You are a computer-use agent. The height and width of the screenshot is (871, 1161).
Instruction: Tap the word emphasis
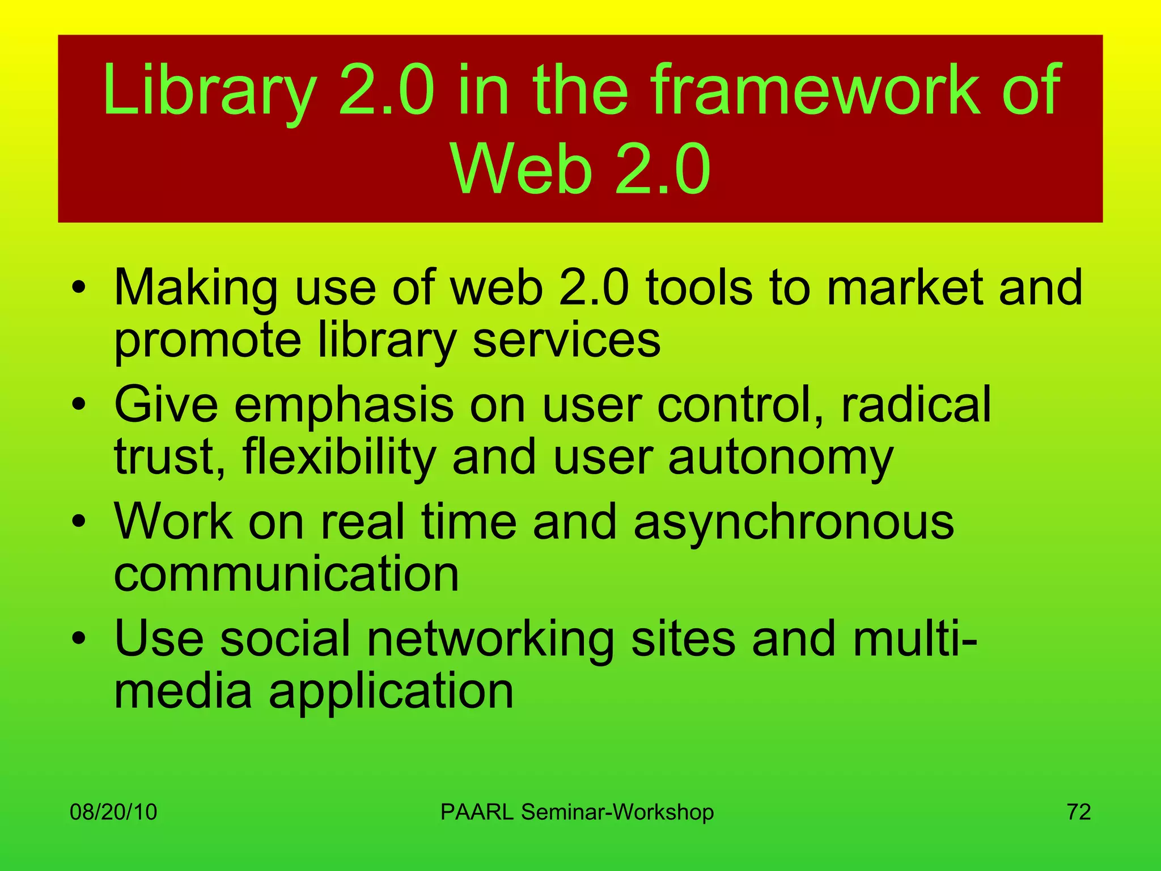pyautogui.click(x=344, y=405)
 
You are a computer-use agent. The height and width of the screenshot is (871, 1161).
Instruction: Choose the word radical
pyautogui.click(x=916, y=404)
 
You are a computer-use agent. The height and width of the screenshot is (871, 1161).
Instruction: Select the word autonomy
pyautogui.click(x=780, y=458)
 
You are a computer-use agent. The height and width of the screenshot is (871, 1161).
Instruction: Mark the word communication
pyautogui.click(x=286, y=574)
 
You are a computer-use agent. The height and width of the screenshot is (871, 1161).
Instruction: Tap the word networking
pyautogui.click(x=490, y=640)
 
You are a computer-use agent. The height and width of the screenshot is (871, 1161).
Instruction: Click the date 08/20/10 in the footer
pyautogui.click(x=113, y=812)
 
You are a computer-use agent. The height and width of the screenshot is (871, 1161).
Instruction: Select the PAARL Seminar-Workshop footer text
pyautogui.click(x=577, y=812)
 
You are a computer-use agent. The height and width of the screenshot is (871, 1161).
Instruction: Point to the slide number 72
pyautogui.click(x=1079, y=812)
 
